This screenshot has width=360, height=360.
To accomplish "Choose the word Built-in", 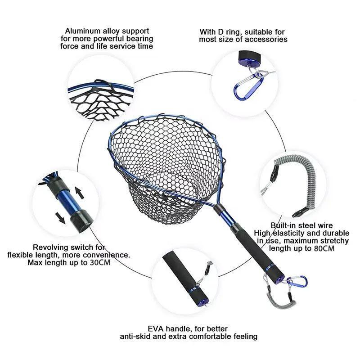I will (x=286, y=225).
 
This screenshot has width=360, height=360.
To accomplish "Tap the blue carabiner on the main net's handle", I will (x=297, y=282).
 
